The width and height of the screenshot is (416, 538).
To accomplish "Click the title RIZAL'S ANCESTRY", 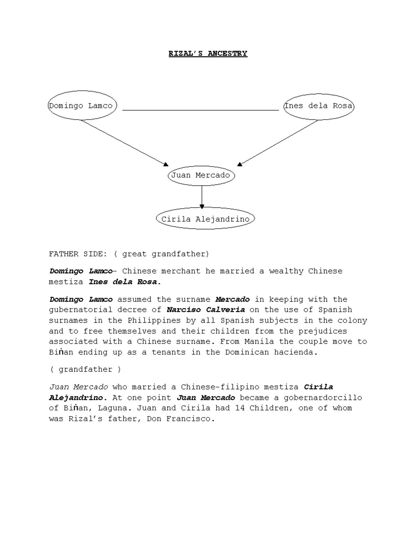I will pos(208,54).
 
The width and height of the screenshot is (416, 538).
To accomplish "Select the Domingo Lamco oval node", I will pos(81,106).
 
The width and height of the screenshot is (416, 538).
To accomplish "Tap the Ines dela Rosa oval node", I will pos(318,106).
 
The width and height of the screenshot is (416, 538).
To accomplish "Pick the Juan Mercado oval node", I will pos(201,175).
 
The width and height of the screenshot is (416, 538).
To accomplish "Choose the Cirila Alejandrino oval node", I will pos(205,219).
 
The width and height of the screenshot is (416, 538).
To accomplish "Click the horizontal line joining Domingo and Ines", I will pos(200,110).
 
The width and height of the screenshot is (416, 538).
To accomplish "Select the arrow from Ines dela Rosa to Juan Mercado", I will pos(278,142).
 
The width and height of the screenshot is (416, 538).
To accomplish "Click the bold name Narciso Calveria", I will pos(206,310).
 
